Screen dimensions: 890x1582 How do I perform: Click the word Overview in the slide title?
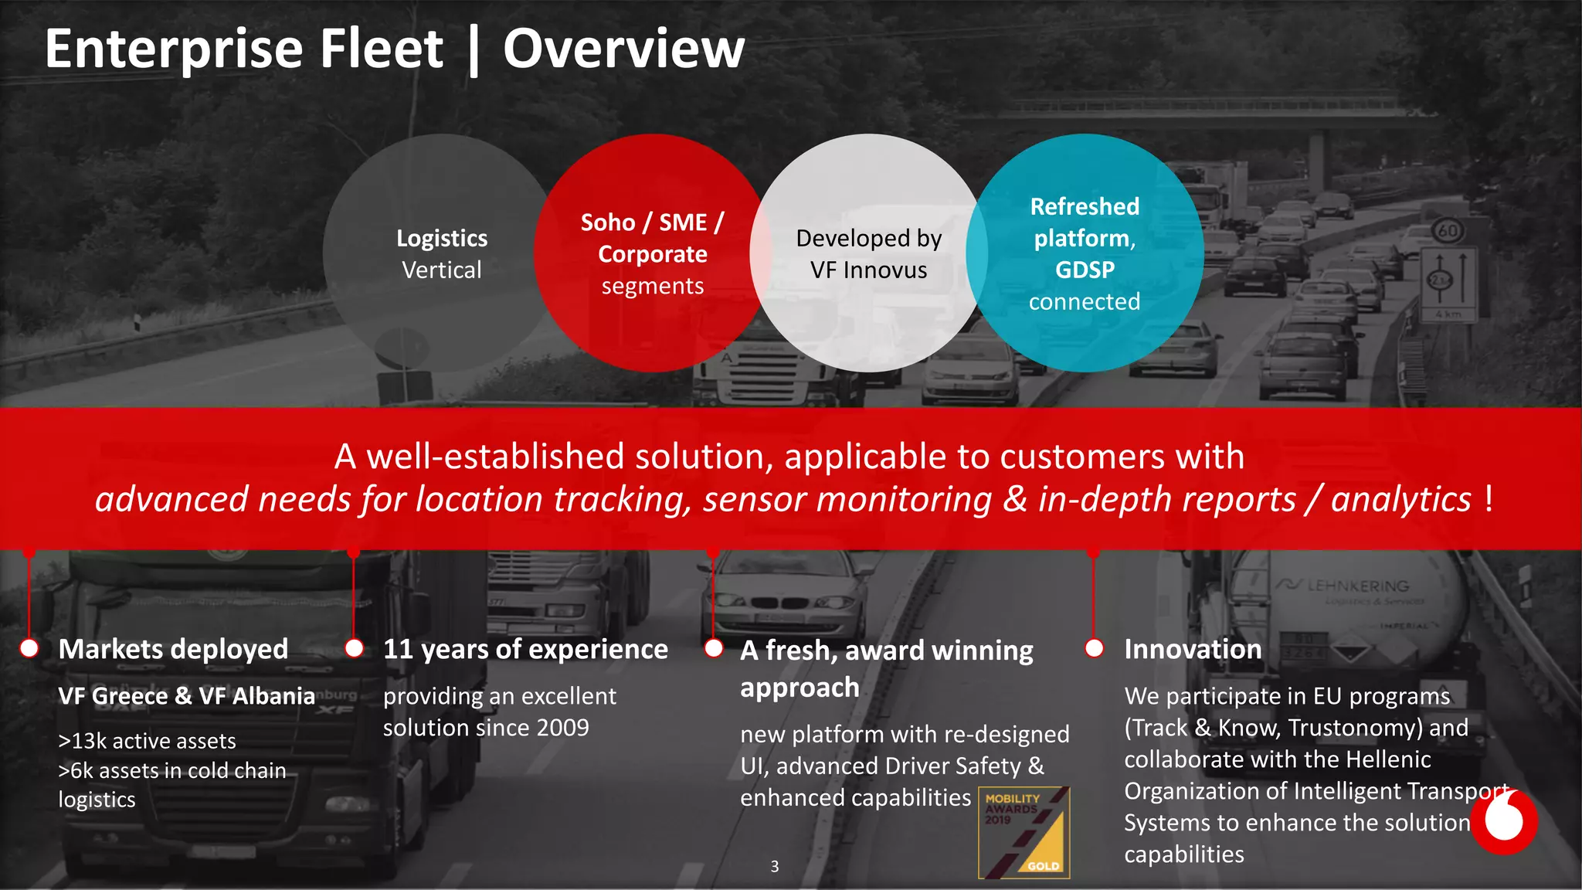[623, 49]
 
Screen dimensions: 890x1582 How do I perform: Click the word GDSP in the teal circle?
[1085, 270]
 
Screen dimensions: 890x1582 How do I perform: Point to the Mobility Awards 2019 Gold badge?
[1024, 832]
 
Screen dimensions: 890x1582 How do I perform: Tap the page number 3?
[774, 867]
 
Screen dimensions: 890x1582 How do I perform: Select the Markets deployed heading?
[173, 649]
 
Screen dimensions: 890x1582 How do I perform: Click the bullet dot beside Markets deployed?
[29, 648]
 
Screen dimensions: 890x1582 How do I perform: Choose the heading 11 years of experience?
[525, 649]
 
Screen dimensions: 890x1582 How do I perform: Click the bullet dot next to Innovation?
[1094, 648]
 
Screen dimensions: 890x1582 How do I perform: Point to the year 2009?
[563, 728]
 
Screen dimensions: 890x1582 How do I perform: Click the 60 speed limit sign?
[1448, 230]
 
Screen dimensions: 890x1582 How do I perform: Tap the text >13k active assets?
[147, 741]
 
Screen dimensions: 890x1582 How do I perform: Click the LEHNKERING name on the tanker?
[1356, 586]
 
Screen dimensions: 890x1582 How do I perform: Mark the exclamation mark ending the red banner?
[1488, 499]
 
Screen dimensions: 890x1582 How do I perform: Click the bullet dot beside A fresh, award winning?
[714, 648]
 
